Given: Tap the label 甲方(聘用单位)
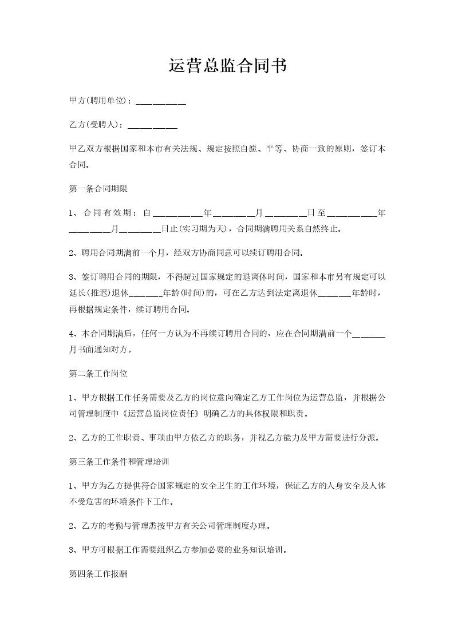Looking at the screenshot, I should (100, 101).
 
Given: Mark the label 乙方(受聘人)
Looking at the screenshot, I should (96, 124).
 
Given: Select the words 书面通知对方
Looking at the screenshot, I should (104, 348).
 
